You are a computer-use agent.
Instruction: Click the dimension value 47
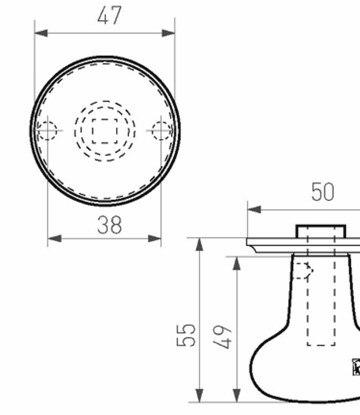point(109,15)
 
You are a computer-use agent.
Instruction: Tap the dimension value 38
point(109,225)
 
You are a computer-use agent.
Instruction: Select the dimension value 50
point(322,192)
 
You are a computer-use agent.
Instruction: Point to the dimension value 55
point(188,334)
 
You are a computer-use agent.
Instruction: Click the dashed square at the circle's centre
point(105,131)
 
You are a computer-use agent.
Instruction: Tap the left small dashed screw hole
point(47,131)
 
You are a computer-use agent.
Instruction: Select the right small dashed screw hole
point(162,131)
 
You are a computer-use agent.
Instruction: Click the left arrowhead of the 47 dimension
point(40,33)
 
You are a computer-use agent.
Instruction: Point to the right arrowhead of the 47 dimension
point(169,33)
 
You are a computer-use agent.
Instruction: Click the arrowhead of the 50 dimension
point(254,210)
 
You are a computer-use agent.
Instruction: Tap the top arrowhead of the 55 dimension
point(199,245)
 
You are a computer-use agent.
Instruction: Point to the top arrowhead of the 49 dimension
point(237,263)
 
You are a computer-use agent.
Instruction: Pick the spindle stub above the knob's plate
point(321,231)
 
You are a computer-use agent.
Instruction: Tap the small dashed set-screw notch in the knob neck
point(302,271)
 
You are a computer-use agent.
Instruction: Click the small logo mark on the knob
point(356,366)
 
